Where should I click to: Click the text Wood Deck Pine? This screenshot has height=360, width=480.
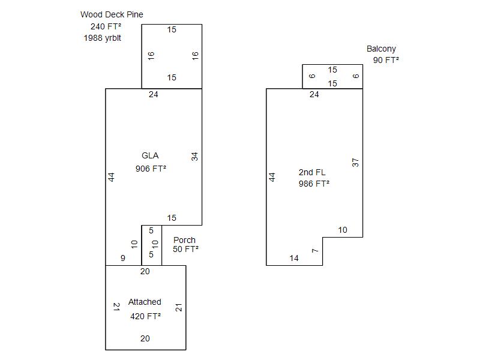tap(112, 14)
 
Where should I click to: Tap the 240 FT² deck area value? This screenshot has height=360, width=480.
tap(106, 26)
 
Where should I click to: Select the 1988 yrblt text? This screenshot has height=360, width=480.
tap(102, 38)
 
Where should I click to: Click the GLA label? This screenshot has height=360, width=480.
tap(150, 155)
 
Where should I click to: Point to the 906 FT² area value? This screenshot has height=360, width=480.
tap(151, 169)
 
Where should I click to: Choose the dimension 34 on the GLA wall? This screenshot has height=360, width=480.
tap(194, 157)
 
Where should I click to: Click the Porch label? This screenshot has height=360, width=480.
tap(184, 240)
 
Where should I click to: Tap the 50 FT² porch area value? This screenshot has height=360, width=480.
tap(185, 249)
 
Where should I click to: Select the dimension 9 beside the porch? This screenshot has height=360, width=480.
tap(123, 258)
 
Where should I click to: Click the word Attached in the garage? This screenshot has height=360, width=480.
tap(145, 302)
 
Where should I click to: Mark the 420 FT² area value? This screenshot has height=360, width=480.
tap(146, 316)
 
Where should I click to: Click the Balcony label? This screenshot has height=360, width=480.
tap(382, 49)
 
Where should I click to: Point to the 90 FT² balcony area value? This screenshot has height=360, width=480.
tap(386, 60)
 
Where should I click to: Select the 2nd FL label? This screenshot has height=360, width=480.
tap(312, 172)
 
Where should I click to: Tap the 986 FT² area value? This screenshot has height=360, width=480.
tap(314, 184)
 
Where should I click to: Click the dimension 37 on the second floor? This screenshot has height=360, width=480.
tap(355, 163)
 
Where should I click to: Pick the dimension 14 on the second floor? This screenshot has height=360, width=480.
tap(294, 258)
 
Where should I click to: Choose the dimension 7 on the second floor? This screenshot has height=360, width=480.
tap(315, 251)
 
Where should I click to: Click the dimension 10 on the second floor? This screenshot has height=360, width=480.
tap(343, 230)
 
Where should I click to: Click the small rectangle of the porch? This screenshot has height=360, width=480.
tap(142, 245)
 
